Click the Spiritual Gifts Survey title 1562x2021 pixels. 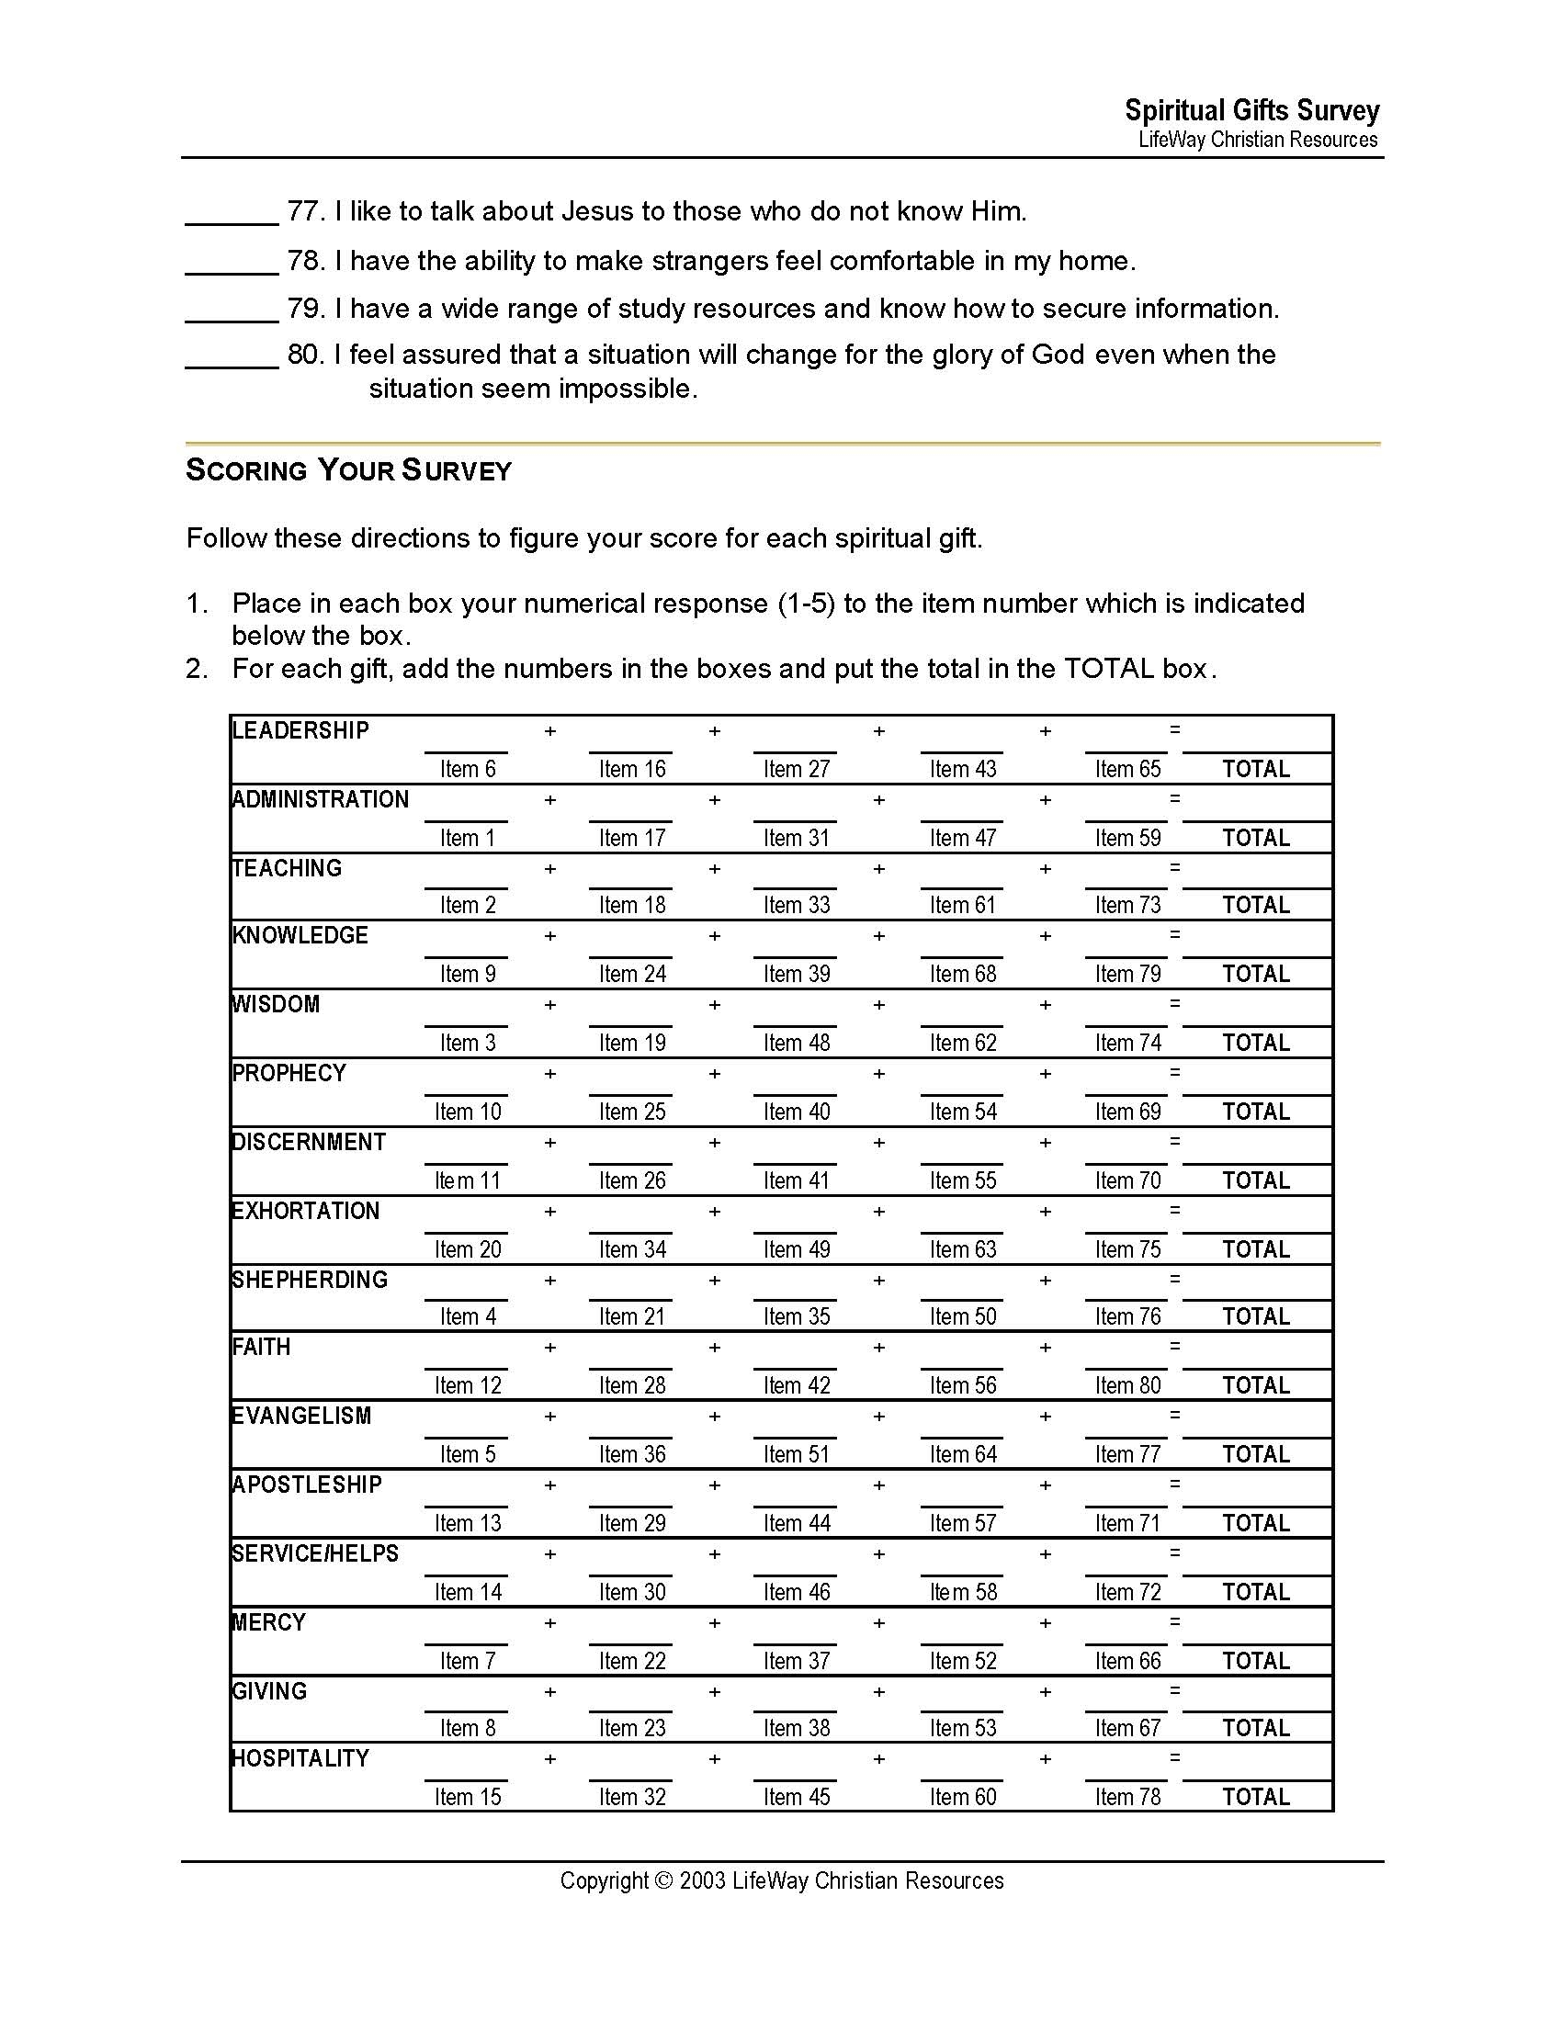pos(1251,111)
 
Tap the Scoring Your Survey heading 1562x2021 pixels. pos(348,470)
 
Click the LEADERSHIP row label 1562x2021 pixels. pos(300,731)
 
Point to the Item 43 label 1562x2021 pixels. pos(962,769)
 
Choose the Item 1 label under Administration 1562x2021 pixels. pos(468,838)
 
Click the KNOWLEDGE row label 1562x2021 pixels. pos(300,935)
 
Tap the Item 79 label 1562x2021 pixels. pos(1127,974)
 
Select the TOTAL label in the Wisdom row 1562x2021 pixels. pos(1256,1043)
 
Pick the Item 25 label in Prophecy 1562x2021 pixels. pos(632,1112)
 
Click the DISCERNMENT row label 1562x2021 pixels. pos(308,1142)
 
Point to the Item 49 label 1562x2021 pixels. pos(797,1249)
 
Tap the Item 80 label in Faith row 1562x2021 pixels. pos(1127,1385)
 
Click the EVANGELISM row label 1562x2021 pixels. pos(300,1416)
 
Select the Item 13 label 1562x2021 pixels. pos(468,1523)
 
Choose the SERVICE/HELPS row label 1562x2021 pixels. pos(314,1553)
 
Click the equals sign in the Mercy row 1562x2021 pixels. pos(1174,1622)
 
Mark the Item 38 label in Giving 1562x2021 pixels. pos(797,1728)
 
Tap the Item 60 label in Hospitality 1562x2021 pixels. pos(962,1797)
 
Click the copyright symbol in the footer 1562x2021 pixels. pos(663,1881)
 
